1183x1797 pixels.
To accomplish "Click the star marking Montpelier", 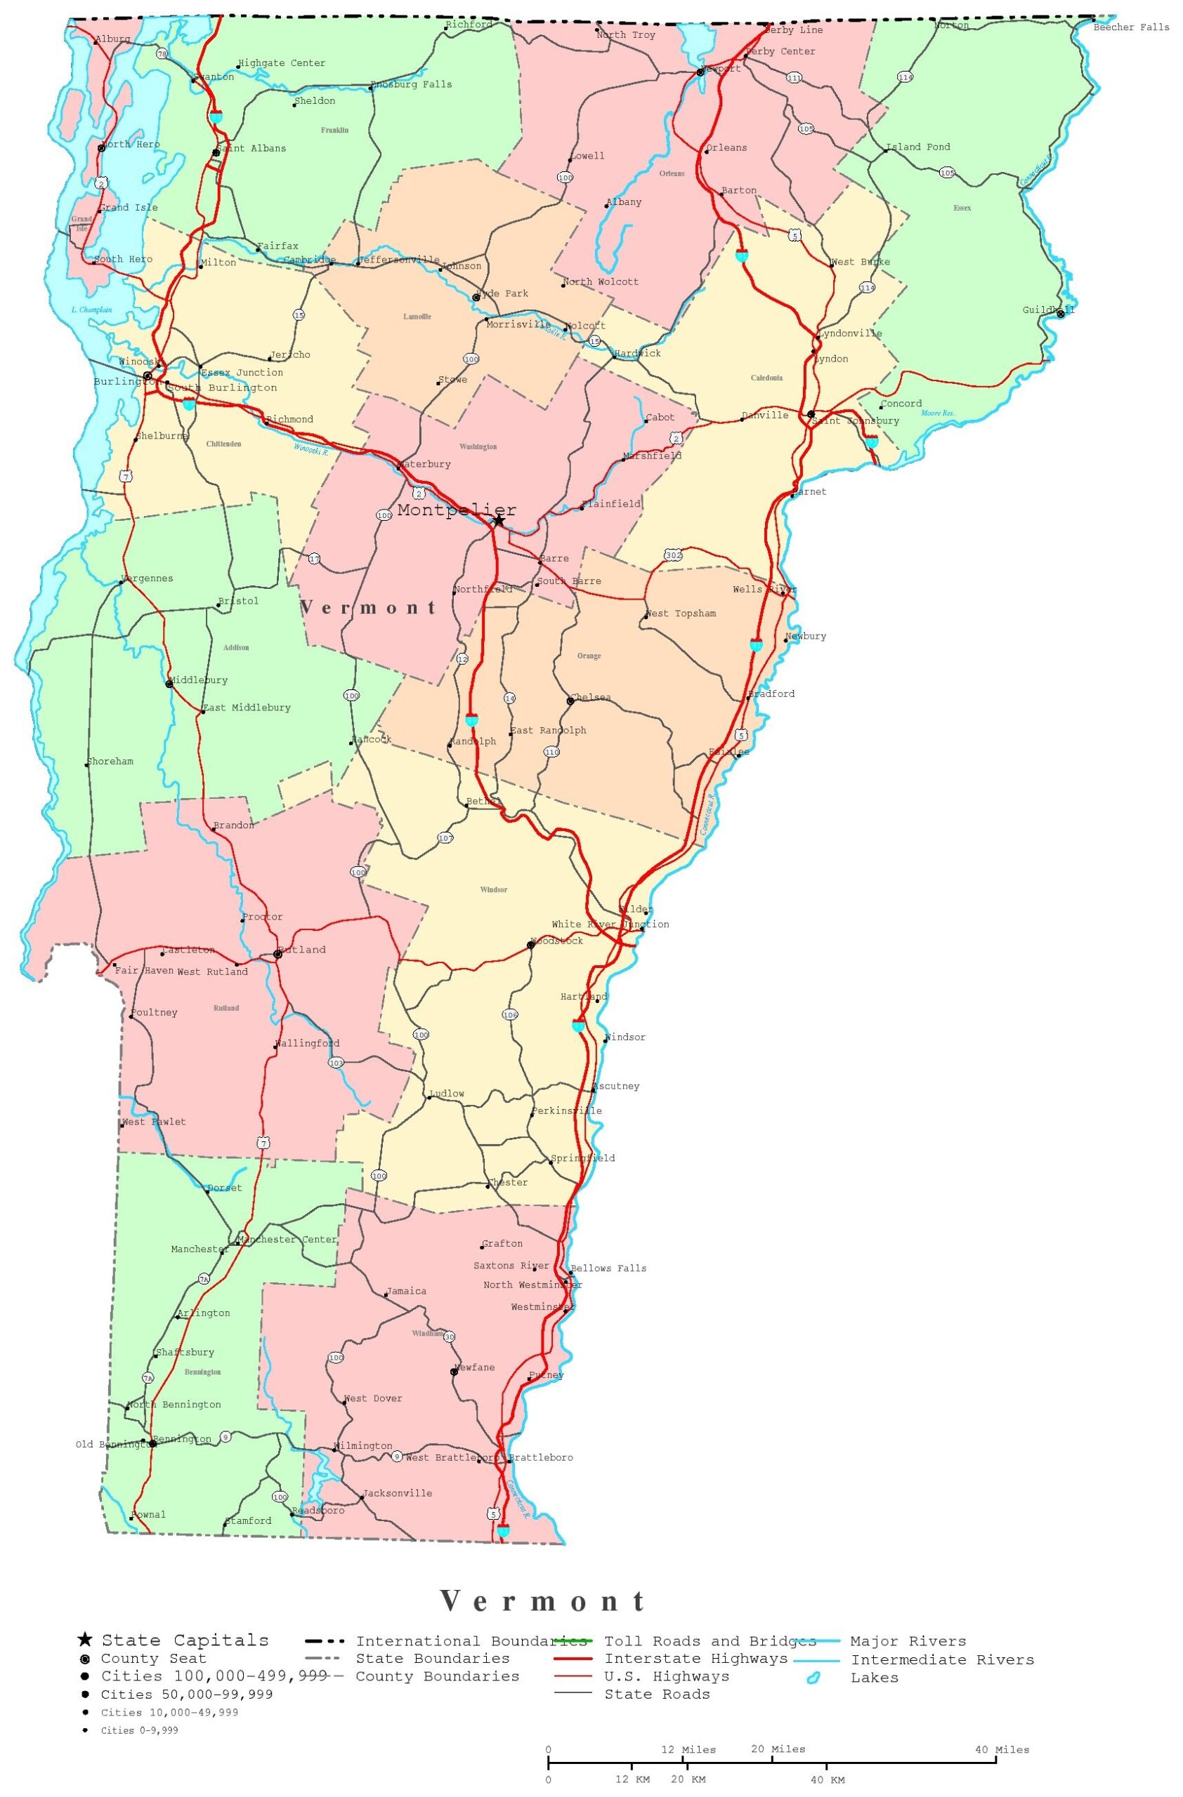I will click(499, 520).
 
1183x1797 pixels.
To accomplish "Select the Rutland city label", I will click(302, 950).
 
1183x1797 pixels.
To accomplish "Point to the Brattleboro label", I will click(541, 1457).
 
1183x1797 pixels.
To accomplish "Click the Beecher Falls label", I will click(1131, 27).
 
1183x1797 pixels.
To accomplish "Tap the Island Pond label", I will click(918, 147).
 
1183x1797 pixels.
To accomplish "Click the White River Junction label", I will click(610, 924).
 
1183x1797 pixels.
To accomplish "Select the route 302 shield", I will click(673, 556).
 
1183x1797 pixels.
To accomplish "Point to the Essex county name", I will click(962, 208).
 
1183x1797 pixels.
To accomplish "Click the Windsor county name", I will click(493, 889).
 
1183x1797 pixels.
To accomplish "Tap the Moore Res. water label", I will click(938, 413).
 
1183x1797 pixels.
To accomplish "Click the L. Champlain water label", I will click(91, 310).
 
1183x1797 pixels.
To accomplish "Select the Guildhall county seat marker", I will click(1061, 314).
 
